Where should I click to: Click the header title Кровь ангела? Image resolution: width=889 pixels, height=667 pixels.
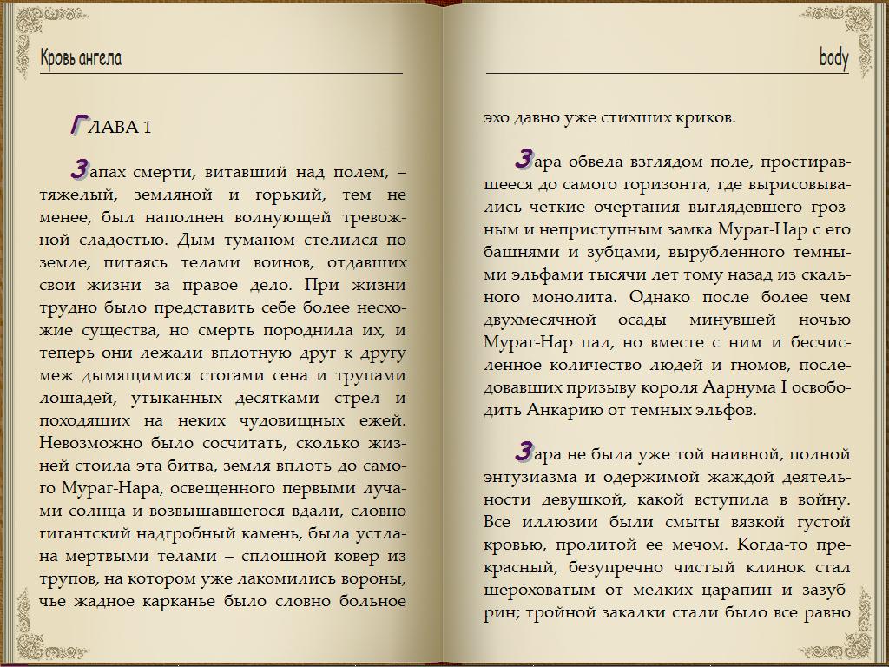(x=81, y=58)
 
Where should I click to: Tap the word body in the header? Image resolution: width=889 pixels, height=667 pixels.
(x=833, y=58)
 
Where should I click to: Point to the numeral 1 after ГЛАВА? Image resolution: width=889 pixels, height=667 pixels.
(x=148, y=128)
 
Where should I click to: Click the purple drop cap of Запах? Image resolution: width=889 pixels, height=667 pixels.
(x=81, y=168)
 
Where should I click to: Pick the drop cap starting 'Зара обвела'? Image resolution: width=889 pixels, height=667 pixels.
(x=524, y=158)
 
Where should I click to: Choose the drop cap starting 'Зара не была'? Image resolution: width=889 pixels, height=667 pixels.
(x=524, y=452)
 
